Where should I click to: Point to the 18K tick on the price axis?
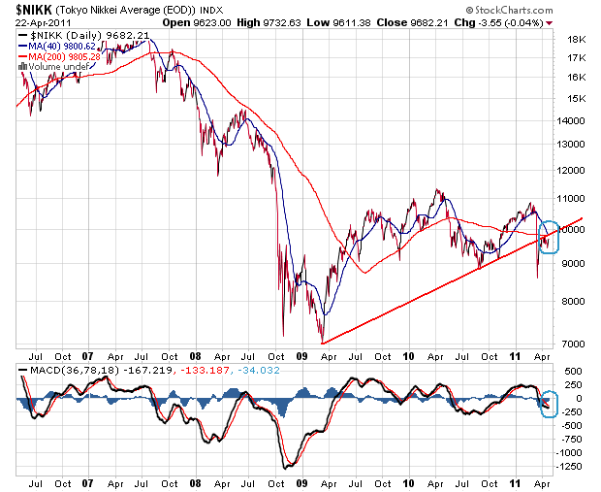pos(575,40)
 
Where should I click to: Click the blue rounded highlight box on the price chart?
pos(549,238)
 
